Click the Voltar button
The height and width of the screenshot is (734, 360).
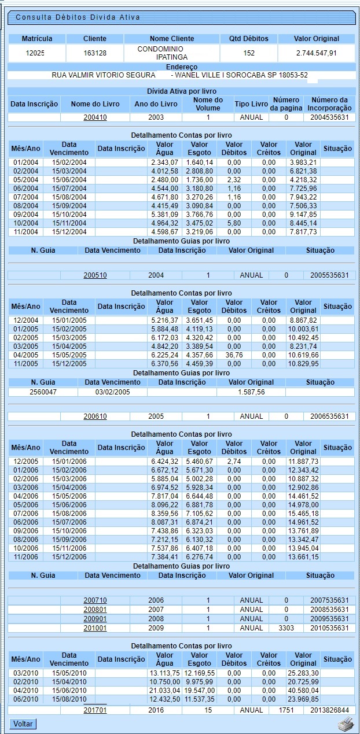point(23,724)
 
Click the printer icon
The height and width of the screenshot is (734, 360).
point(346,724)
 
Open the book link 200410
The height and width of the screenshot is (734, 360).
point(95,117)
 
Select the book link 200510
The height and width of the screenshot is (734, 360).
point(95,275)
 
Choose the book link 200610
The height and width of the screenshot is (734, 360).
point(95,416)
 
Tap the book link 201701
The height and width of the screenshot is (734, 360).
point(95,710)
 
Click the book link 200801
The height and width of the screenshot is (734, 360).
point(95,610)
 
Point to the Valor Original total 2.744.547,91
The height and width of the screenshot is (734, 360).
point(316,53)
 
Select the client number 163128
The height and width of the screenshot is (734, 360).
point(95,53)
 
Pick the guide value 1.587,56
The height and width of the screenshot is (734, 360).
point(251,392)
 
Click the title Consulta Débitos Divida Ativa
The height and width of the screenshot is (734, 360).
point(78,17)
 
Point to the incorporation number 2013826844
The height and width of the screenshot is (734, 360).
point(328,710)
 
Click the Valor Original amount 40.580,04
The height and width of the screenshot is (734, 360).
point(303,691)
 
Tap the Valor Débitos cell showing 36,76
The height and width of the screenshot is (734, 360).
point(234,355)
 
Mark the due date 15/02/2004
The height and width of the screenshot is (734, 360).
point(69,163)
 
